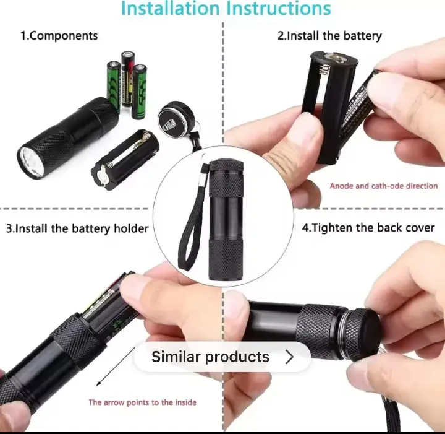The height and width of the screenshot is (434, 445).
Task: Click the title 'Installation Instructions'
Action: (x=226, y=9)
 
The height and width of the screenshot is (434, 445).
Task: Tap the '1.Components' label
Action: (x=59, y=35)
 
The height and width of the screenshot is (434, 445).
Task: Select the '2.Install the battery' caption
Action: (x=329, y=36)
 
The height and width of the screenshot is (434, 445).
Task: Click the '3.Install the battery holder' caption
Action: (x=77, y=228)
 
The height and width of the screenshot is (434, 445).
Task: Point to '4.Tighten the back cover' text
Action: (x=368, y=227)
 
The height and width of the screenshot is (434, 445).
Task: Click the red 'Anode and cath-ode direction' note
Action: (x=383, y=186)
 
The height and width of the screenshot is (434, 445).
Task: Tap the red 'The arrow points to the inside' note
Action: (x=142, y=402)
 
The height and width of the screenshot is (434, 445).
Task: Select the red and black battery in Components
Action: (x=128, y=84)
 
